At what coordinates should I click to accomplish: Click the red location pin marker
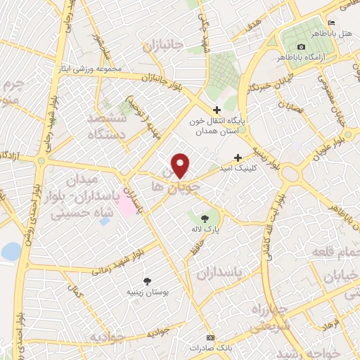point(181,165)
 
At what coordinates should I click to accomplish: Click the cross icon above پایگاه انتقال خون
point(217,110)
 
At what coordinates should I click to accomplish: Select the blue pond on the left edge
point(11,251)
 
